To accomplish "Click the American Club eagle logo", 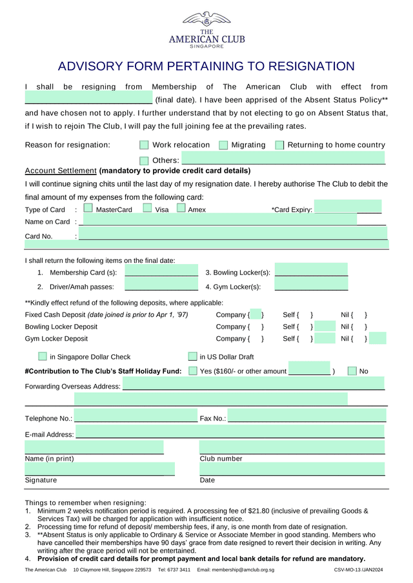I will point(206,19).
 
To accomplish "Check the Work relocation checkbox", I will point(144,145).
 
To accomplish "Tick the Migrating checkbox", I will point(223,145).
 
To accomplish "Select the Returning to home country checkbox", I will point(279,145).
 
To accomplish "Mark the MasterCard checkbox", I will point(88,209).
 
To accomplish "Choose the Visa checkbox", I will point(147,208).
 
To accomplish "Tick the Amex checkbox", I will point(181,208).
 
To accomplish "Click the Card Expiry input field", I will point(336,209).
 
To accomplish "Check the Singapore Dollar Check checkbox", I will point(43,356).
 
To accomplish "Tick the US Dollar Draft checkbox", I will point(192,356).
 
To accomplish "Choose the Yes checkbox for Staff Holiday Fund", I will point(193,371).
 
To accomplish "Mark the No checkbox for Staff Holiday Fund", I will point(352,371).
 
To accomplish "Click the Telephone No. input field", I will point(135,417).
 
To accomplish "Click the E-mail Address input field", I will point(230,432).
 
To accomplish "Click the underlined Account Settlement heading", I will point(60,171).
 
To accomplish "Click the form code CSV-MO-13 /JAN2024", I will point(358,570).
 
